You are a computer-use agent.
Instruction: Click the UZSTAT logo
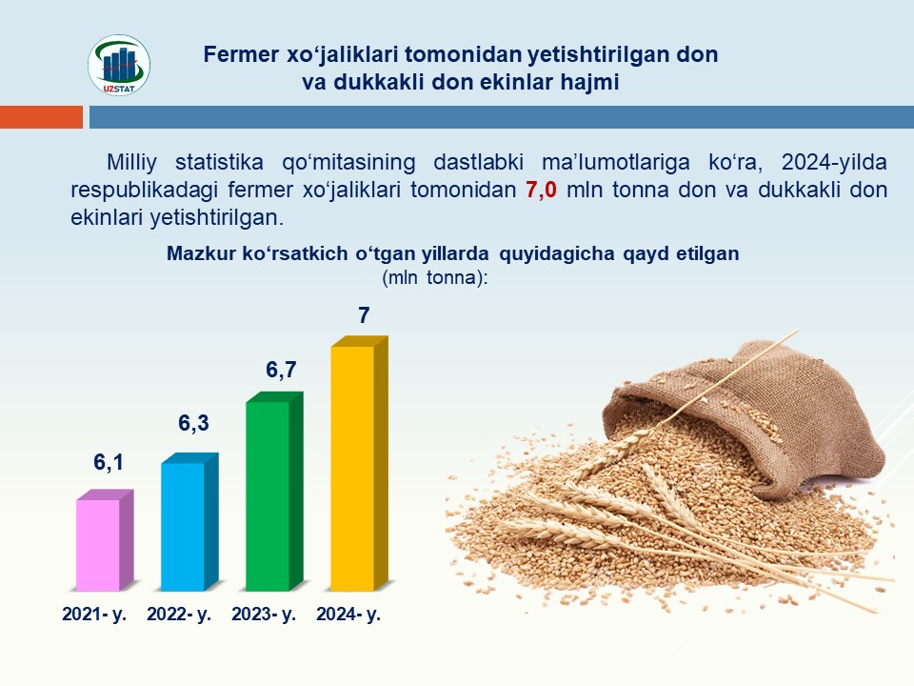click(119, 65)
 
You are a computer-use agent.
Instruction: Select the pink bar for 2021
click(105, 540)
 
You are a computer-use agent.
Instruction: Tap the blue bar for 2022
click(189, 522)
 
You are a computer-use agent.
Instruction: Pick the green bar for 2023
click(274, 492)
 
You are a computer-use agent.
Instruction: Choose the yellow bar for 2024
click(359, 464)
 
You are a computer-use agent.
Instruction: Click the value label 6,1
click(109, 462)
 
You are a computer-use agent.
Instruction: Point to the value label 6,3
click(193, 423)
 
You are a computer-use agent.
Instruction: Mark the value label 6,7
click(281, 370)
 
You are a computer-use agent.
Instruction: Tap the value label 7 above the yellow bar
click(364, 315)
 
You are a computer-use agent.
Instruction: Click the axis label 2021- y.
click(94, 615)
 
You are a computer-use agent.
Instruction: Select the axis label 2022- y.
click(179, 615)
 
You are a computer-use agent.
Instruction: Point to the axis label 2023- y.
click(264, 615)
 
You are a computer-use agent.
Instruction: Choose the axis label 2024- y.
click(348, 615)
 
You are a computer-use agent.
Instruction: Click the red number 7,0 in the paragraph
click(541, 190)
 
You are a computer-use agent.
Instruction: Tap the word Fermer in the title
click(241, 54)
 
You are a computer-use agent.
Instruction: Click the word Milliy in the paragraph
click(131, 162)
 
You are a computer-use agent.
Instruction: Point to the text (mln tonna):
click(435, 277)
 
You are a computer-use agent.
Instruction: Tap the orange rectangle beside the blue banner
click(41, 117)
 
